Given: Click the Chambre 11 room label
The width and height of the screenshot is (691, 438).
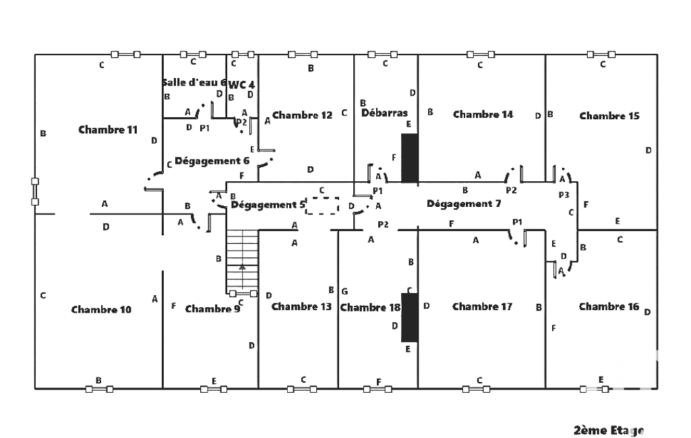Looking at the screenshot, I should (x=108, y=129).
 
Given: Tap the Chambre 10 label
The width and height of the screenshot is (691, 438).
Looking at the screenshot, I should (x=101, y=309).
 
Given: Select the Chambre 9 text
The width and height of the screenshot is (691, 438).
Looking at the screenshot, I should (x=212, y=309).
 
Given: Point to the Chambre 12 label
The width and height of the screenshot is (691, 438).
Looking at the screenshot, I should (x=303, y=115).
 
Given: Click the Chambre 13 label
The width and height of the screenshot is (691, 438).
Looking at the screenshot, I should (x=301, y=307).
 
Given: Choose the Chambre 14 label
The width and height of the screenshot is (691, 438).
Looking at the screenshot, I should (x=483, y=115).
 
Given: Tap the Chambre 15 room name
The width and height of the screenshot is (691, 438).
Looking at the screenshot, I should (x=609, y=116).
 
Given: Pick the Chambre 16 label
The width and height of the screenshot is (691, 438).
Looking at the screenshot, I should (x=609, y=307).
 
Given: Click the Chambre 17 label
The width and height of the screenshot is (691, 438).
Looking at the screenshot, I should (x=482, y=307).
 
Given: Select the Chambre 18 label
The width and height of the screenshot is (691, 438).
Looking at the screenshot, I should (x=370, y=307).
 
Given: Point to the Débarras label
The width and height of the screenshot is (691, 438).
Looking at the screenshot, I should (x=384, y=113).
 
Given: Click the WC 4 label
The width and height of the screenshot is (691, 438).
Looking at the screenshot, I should (x=241, y=85).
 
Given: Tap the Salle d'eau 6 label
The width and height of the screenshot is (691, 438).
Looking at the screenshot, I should (x=194, y=82).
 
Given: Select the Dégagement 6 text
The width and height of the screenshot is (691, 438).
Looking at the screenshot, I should (x=212, y=161).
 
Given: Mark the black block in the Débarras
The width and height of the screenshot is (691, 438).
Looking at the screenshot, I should (x=410, y=158).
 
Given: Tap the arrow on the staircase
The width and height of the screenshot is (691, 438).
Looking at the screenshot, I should (x=242, y=268).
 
